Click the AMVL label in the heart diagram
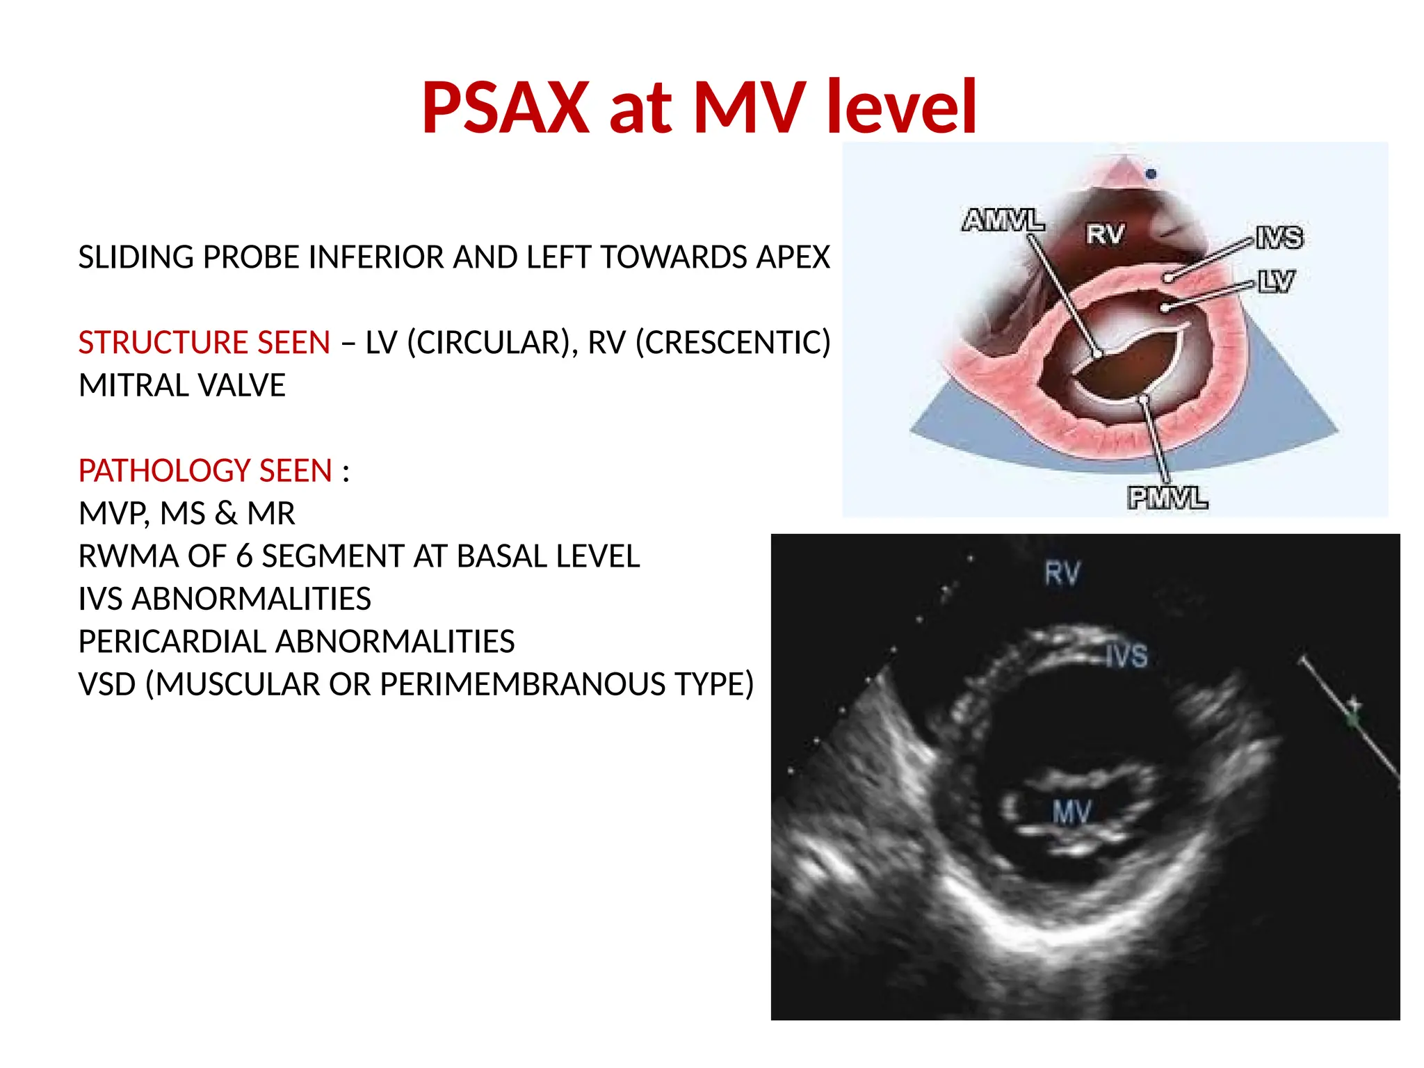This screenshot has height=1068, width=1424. point(1003,220)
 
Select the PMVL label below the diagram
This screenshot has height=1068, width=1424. point(1167,498)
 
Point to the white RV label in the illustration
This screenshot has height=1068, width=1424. point(1105,234)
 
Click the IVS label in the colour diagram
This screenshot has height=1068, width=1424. point(1279,238)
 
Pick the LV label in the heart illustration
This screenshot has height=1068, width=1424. point(1276,282)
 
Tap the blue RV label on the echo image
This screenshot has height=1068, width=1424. point(1062,574)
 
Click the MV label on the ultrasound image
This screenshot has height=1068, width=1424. point(1072,812)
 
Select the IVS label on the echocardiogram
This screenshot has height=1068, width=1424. point(1127,656)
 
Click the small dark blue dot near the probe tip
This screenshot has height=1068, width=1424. point(1151,174)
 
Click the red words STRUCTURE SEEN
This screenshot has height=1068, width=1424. point(204,343)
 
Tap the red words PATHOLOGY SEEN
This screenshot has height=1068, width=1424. point(205,471)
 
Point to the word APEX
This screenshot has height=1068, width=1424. point(793,257)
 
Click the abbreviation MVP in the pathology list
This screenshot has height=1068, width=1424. point(113,514)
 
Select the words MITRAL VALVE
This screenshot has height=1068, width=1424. point(182,385)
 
